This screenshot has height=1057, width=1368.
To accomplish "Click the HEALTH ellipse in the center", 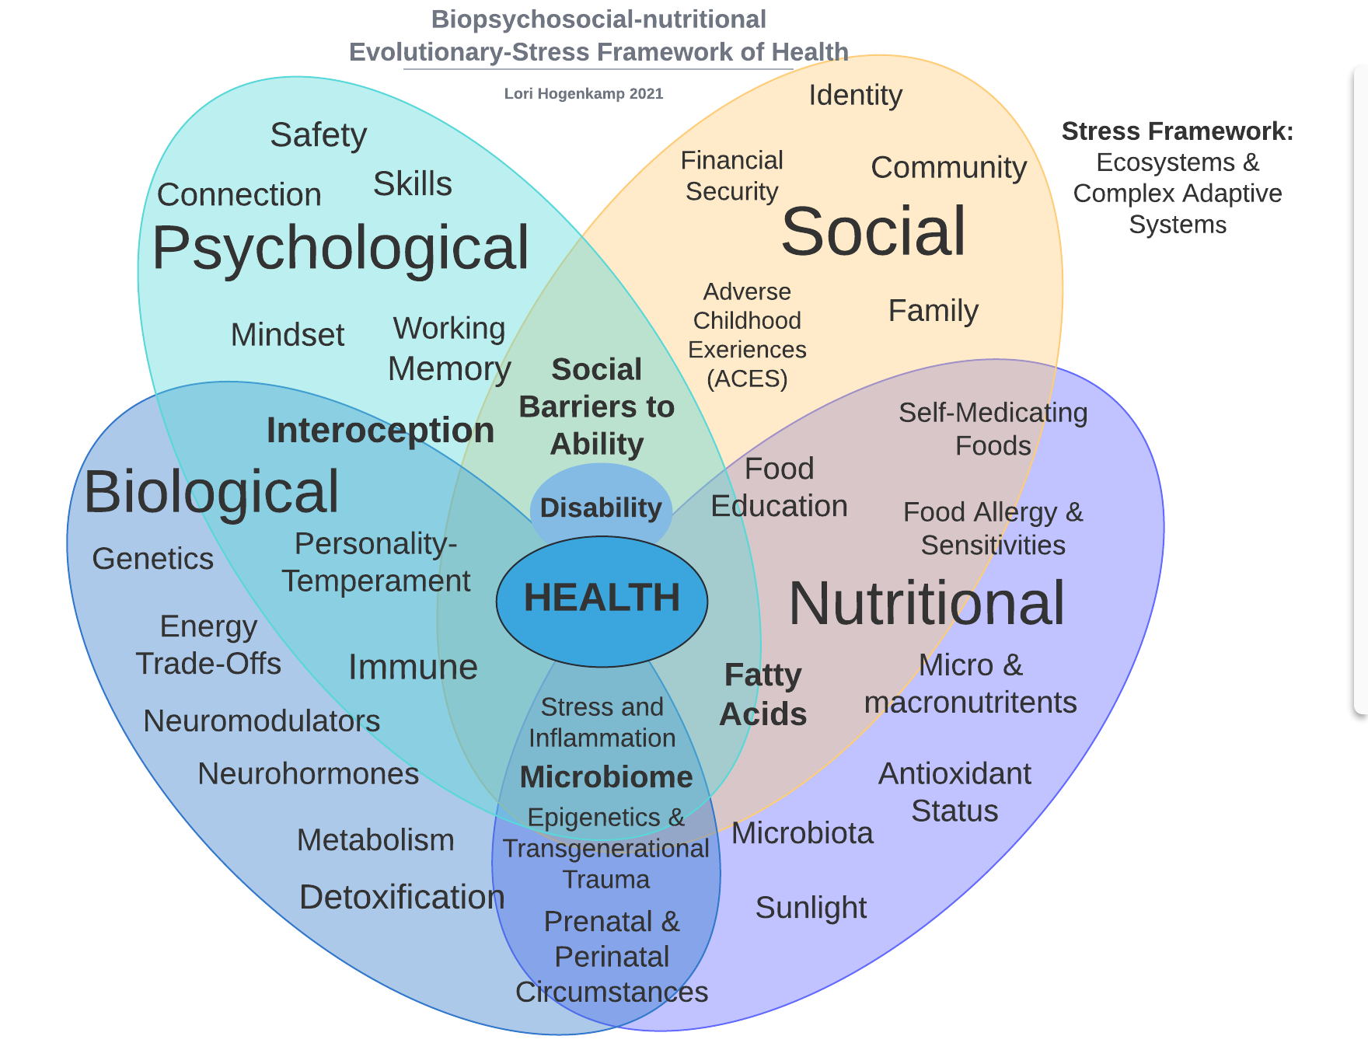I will pos(602,599).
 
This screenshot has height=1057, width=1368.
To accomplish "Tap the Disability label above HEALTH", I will pos(601,508).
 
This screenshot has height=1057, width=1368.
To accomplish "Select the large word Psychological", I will pos(340,249).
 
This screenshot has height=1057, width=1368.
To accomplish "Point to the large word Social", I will pos(873,232).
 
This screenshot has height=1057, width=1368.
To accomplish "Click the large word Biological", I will pos(211,492).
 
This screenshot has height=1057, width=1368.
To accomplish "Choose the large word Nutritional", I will pos(927,604).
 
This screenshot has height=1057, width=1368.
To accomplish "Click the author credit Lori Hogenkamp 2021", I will pos(584,94).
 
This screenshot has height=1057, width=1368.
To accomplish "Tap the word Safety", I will pos(318,135).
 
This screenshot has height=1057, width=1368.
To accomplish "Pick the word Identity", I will pos(855,96).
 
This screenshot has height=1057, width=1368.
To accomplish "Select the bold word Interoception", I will pos(380,431).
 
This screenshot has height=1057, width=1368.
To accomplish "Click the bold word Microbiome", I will pos(605,777).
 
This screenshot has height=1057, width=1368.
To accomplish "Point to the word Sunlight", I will pos(811,908).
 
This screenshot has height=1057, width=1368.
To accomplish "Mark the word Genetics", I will pos(152,559).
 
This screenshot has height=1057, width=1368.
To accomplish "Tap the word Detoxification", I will pos(402,898).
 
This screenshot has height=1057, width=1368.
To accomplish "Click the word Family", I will pos(933,311).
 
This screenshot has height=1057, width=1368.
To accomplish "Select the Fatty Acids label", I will pos(763,695).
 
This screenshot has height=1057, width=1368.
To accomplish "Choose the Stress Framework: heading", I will pos(1177,131).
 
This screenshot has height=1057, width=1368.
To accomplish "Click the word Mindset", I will pos(288,335).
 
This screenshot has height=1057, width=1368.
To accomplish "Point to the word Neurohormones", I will pos(309,774).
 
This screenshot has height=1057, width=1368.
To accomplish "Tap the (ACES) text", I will pos(747,379).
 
